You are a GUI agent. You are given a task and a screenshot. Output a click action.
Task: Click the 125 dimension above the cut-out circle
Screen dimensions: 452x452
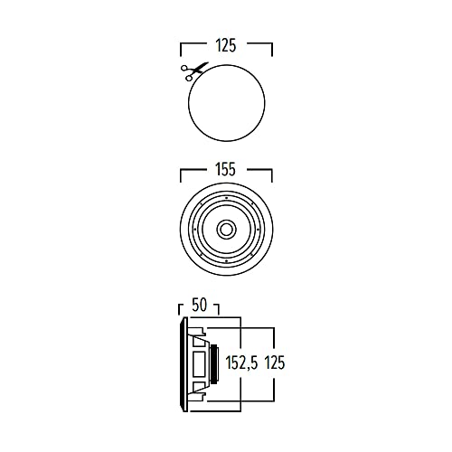click(226, 45)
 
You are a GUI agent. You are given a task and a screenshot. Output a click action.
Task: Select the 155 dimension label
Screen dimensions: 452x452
click(226, 169)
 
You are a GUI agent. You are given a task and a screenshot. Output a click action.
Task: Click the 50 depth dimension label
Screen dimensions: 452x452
click(200, 306)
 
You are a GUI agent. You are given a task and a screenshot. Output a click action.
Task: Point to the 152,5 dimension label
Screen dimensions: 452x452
click(242, 363)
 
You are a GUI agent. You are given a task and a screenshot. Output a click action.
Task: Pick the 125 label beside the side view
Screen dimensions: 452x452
click(275, 363)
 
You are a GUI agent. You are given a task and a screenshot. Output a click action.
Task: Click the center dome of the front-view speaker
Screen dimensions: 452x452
click(226, 230)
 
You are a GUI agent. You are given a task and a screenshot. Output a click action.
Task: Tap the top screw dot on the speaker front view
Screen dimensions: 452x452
click(226, 198)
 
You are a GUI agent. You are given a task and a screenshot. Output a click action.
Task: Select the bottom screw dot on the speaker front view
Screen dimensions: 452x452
click(226, 261)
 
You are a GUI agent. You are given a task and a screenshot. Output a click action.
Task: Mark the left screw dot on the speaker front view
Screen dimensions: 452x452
click(194, 230)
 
